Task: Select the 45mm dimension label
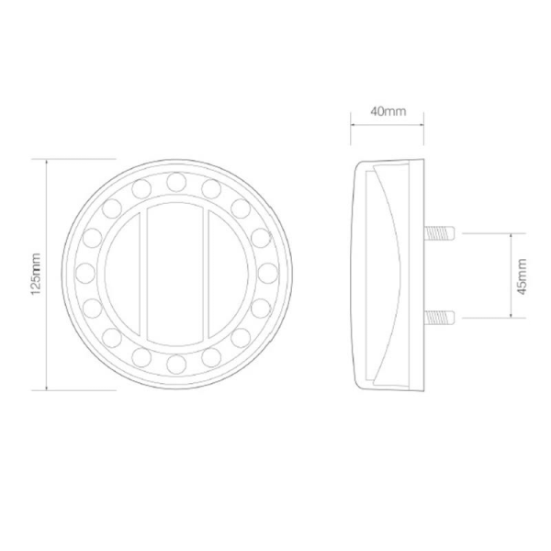point(521,274)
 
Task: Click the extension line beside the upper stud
point(487,233)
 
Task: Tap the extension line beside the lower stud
point(487,317)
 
